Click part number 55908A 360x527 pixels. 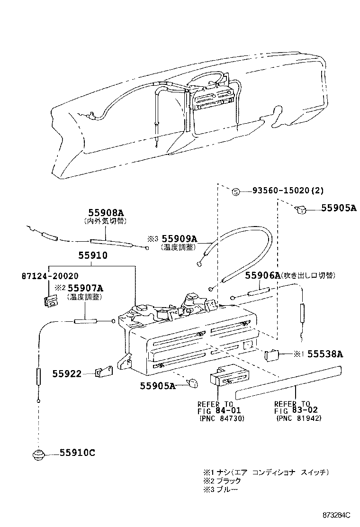106,212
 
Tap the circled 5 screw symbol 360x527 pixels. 236,192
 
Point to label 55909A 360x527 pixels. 180,239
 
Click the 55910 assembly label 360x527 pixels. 93,255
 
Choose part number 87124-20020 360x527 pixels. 50,276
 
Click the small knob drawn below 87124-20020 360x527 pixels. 51,300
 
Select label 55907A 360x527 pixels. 85,288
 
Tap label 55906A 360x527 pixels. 262,276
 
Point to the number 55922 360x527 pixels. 67,374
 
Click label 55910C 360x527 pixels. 77,453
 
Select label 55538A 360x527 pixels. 325,354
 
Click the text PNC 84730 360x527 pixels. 222,418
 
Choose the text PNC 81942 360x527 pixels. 299,418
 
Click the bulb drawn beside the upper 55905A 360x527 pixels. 301,210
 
